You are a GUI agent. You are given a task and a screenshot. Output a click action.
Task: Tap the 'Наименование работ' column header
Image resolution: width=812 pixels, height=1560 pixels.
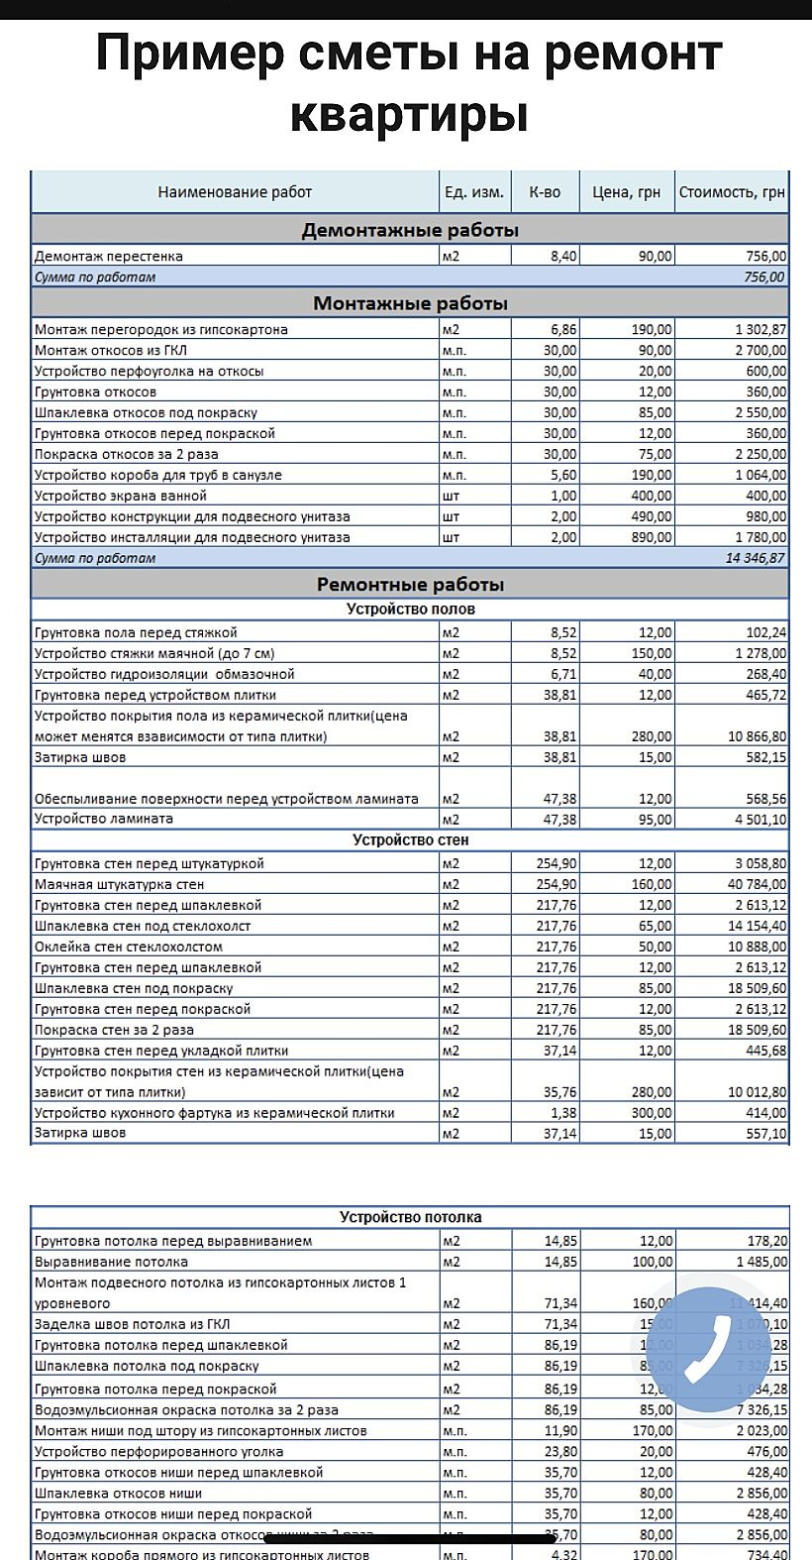(235, 192)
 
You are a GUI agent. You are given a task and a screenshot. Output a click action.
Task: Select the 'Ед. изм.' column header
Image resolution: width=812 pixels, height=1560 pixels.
(474, 192)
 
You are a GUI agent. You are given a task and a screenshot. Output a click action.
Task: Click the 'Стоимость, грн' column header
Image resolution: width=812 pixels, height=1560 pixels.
(732, 192)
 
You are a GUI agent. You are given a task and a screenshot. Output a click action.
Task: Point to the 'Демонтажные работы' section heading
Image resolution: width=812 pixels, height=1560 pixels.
(410, 231)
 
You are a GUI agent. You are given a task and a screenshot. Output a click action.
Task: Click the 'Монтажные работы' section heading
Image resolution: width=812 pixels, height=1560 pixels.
(410, 303)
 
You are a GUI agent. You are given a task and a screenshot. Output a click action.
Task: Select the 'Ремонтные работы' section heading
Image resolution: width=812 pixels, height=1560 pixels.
(410, 584)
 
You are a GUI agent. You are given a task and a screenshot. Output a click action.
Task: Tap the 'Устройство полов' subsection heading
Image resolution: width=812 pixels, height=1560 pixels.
(410, 609)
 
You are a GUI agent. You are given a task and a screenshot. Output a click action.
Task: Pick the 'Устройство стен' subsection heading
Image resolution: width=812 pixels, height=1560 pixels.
(410, 840)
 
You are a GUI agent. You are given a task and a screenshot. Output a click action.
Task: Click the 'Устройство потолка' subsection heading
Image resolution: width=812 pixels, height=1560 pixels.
(410, 1217)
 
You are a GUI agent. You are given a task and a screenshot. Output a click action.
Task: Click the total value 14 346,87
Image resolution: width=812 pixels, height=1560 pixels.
(755, 558)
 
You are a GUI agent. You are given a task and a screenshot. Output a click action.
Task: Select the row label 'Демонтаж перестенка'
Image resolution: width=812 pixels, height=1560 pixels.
(109, 257)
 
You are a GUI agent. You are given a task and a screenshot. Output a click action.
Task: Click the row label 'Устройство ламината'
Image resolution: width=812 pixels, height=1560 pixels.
(104, 819)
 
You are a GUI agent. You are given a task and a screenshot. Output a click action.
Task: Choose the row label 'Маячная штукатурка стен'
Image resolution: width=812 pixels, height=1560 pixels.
(119, 884)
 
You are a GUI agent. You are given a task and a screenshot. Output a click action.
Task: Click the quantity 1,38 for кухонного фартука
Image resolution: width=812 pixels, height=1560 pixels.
(562, 1113)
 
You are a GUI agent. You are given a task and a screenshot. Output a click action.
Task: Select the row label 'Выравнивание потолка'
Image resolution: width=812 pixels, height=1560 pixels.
(111, 1262)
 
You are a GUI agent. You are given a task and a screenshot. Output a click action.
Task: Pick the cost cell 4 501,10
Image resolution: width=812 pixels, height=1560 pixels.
(761, 820)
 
